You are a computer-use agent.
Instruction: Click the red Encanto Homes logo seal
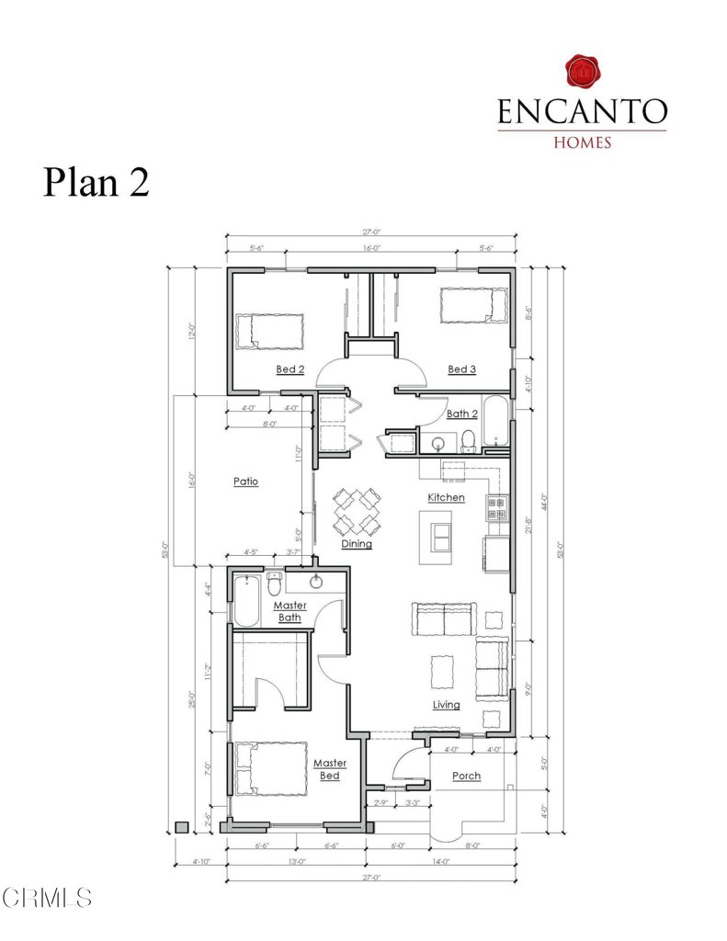pos(581,72)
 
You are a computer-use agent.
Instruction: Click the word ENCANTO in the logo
pos(581,111)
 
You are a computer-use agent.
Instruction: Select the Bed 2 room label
pos(290,369)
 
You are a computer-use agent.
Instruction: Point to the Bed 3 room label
pos(461,369)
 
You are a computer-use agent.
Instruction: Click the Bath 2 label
pos(461,414)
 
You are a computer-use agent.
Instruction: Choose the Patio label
pos(245,481)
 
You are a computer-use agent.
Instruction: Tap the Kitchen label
pos(446,497)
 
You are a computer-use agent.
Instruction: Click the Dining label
pos(357,543)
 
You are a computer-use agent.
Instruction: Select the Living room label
pos(447,705)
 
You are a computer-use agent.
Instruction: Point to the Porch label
pos(466,776)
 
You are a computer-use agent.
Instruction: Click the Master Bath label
pos(290,611)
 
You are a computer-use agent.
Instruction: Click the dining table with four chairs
pos(357,512)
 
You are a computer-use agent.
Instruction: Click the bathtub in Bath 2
pos(494,425)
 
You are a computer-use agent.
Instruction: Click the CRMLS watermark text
pos(47,897)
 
